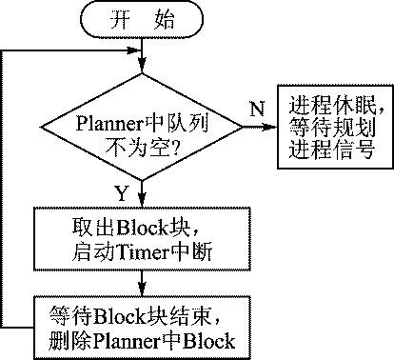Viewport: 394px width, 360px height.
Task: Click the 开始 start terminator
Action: click(142, 20)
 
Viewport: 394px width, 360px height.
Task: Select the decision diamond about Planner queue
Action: click(142, 134)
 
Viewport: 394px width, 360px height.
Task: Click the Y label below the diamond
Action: click(122, 193)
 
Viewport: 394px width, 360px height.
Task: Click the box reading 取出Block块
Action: click(142, 239)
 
